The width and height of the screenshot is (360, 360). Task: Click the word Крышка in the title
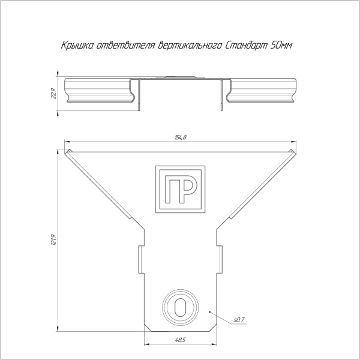tap(77, 46)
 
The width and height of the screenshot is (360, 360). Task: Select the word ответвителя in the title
tap(125, 46)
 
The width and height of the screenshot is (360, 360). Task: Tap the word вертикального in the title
tap(190, 46)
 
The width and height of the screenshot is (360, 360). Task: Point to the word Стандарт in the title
tap(246, 46)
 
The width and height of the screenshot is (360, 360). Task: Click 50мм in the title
tap(281, 46)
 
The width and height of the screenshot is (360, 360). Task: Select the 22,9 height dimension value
tap(53, 94)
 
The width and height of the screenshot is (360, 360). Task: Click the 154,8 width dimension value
tap(181, 137)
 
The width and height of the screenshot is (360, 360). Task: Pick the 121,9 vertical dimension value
tap(53, 240)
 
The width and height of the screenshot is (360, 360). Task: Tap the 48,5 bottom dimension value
tap(180, 340)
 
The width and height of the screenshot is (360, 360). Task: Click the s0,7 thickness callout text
tap(239, 319)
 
